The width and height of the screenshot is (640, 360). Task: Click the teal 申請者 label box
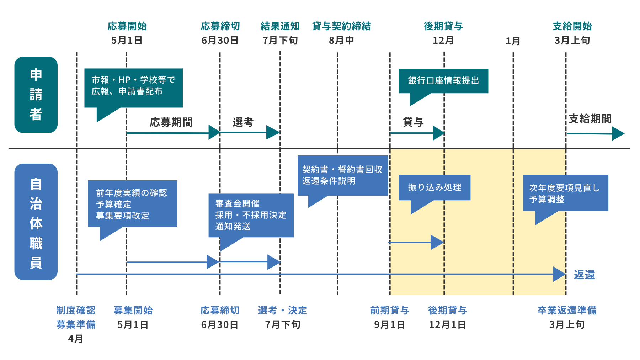[36, 95]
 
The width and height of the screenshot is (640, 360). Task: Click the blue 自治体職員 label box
[36, 222]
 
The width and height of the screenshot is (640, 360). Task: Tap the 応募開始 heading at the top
[127, 26]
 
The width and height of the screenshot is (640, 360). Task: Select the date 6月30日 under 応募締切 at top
[220, 41]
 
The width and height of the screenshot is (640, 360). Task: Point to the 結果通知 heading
[280, 26]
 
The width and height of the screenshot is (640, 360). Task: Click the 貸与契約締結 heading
[341, 26]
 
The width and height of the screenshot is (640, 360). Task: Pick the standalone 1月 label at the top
[513, 41]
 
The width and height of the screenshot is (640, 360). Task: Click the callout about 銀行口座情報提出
[443, 81]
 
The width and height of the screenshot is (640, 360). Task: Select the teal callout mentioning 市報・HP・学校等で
[133, 86]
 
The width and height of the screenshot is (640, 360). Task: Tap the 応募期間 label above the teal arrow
[171, 122]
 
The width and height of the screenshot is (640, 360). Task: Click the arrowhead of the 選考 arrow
[273, 132]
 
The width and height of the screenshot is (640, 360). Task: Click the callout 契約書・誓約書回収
[342, 175]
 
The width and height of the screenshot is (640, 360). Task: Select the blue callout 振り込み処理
[434, 187]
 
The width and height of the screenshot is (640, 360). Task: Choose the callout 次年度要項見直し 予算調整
[565, 193]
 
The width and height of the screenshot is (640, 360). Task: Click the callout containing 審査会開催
[251, 215]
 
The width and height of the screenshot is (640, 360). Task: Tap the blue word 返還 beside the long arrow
[584, 275]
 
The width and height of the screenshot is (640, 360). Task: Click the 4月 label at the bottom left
[75, 339]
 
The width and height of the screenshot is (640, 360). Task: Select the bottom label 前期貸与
[390, 311]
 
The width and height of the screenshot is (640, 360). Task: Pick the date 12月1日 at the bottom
[447, 325]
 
